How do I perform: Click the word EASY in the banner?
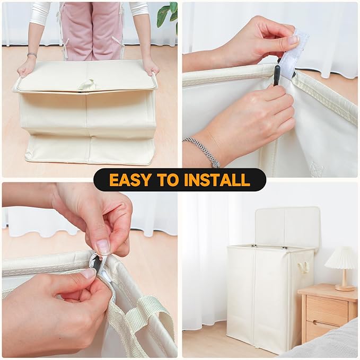pyautogui.click(x=129, y=180)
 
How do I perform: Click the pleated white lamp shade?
pyautogui.click(x=341, y=258)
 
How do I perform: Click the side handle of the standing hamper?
pyautogui.click(x=303, y=267)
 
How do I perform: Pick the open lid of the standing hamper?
pyautogui.click(x=288, y=226)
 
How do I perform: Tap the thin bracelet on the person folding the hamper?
pyautogui.click(x=32, y=55)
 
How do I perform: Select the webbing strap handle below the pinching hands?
pyautogui.click(x=138, y=321)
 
